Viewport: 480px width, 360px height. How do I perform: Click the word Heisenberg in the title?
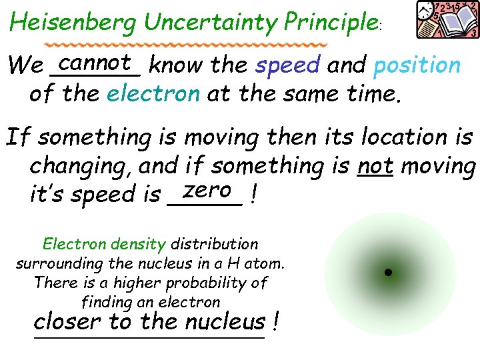point(74,23)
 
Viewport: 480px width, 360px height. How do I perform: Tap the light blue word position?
point(417,65)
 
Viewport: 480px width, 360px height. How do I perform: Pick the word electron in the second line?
point(153,93)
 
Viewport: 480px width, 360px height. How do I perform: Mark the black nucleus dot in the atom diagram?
point(387,272)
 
